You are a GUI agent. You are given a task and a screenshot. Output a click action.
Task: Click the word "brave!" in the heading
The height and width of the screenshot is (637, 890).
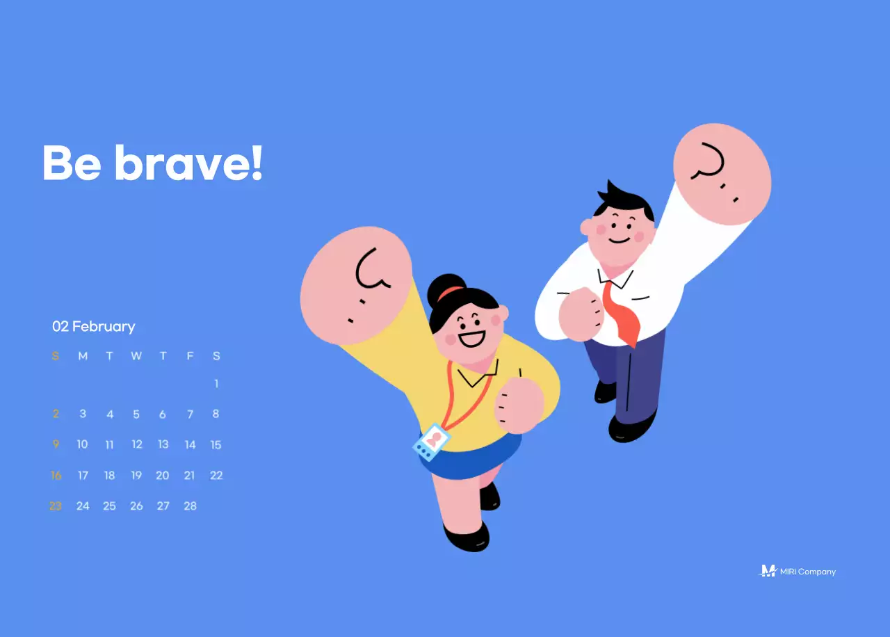(x=188, y=163)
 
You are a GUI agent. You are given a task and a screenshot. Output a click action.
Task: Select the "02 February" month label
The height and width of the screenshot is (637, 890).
(x=94, y=326)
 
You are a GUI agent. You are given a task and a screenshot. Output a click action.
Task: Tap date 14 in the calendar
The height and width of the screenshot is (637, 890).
(x=190, y=445)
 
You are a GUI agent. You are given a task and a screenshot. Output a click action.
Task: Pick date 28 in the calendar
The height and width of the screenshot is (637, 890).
(x=190, y=506)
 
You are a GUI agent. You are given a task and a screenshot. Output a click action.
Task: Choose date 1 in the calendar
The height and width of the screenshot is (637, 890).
(x=216, y=384)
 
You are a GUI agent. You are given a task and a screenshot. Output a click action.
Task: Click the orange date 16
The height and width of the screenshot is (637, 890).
(x=56, y=476)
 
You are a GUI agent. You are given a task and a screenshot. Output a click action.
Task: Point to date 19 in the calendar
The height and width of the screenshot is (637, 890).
(x=136, y=476)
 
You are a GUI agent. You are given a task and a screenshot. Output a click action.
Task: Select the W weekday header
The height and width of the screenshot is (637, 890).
(x=136, y=356)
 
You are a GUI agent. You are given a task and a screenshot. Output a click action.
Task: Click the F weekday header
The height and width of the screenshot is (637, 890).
(x=190, y=356)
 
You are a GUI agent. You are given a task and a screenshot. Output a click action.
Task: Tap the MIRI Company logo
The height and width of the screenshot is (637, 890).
(x=797, y=572)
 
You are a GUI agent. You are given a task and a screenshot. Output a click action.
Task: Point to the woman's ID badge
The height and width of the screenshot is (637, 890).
(x=431, y=442)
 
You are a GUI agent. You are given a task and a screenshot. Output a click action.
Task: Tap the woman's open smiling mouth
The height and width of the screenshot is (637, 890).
(x=472, y=338)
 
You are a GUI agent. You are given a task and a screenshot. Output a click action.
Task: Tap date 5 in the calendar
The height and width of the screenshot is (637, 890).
(x=136, y=414)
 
